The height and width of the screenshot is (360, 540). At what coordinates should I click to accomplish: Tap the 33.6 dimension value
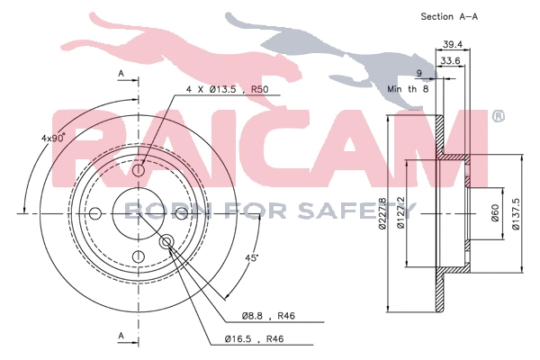tap(449, 61)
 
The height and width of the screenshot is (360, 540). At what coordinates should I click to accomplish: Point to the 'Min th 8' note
tap(406, 90)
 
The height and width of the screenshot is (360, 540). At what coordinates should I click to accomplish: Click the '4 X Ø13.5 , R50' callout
tap(225, 88)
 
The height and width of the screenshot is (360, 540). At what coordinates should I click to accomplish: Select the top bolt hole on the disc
tap(139, 171)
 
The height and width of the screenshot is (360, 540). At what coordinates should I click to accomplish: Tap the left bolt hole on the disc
tap(95, 213)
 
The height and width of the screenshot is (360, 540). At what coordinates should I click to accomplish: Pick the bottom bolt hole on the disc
tap(139, 257)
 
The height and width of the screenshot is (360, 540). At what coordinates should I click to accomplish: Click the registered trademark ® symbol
tap(498, 116)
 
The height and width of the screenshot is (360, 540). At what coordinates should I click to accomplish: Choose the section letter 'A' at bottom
tap(120, 336)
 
